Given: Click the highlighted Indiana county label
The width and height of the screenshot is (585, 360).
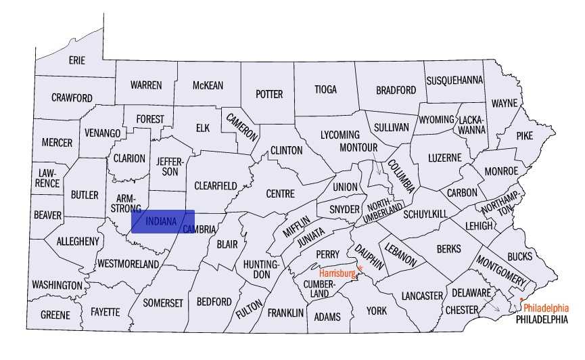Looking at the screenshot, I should pos(161,221).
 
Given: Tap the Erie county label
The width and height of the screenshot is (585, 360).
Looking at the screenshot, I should pos(77,60).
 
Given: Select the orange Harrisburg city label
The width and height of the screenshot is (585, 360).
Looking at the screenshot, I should pos(337,273).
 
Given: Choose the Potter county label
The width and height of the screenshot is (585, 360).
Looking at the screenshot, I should pos(268,94).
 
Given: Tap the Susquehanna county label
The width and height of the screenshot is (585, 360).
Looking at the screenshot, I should pos(454,80).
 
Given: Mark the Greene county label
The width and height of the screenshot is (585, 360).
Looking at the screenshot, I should pos(55,315).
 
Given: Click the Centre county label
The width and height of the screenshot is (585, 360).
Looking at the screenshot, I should pos(280,194).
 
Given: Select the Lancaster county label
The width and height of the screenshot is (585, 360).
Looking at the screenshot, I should pos(421,296).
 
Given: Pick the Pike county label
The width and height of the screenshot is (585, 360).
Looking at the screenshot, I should pos(524,135).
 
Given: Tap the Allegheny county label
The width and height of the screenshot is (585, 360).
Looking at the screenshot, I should pos(78,241).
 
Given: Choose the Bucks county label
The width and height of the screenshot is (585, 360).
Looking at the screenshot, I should pos(519,256).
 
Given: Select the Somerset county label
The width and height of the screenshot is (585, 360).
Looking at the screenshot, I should pos(162,303).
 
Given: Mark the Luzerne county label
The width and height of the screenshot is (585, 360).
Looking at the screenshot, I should pos(444,158).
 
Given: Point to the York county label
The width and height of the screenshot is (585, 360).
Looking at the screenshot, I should pos(377,311).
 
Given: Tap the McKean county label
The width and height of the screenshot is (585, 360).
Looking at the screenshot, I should pos(208,85).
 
